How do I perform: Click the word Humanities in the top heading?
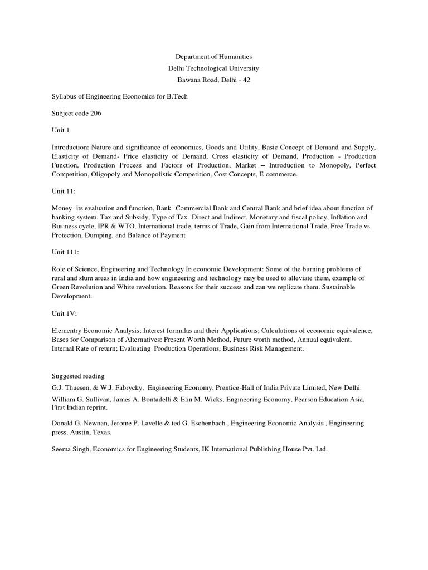[234, 57]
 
